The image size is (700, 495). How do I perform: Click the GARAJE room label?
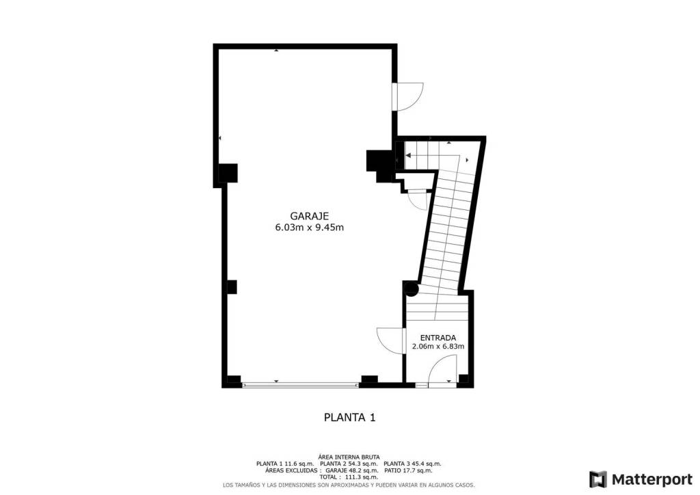coord(310,216)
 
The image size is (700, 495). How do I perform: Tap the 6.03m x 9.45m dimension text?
coord(310,227)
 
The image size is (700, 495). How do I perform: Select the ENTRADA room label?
coord(438,338)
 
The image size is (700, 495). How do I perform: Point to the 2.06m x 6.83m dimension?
coord(438,346)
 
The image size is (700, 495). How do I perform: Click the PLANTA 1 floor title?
coord(349,417)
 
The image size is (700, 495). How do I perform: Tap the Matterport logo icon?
coord(597,479)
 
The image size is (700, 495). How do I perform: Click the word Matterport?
coord(651,479)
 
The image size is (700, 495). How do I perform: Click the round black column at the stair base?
coord(412,289)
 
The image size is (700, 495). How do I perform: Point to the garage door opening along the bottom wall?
coord(300,385)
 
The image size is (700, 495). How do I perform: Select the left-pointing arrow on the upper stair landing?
coord(408,155)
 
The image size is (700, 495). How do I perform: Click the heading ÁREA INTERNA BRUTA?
coord(349,457)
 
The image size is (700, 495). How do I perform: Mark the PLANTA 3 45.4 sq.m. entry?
coord(412,464)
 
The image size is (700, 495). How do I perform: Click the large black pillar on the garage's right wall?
coord(379,165)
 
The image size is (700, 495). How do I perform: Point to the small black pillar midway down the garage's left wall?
coord(231,287)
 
